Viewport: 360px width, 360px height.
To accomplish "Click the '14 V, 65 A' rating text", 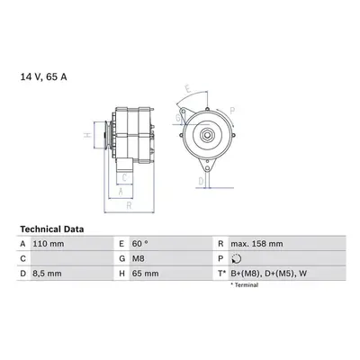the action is point(44,77).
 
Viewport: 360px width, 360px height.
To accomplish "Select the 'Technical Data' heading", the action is point(52,229).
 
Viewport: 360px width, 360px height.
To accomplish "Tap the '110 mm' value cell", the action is point(49,244).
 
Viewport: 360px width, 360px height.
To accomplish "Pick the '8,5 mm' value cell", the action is point(47,274).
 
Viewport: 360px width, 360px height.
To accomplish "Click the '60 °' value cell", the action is point(140,244).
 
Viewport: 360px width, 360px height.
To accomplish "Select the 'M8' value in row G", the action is point(139,258).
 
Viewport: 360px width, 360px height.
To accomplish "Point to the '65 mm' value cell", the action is point(146,274).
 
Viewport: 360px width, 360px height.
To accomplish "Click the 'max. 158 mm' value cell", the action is point(256,244).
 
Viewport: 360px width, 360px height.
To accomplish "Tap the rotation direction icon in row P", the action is point(237,258).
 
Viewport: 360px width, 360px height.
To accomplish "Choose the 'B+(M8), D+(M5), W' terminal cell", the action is point(269,274).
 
